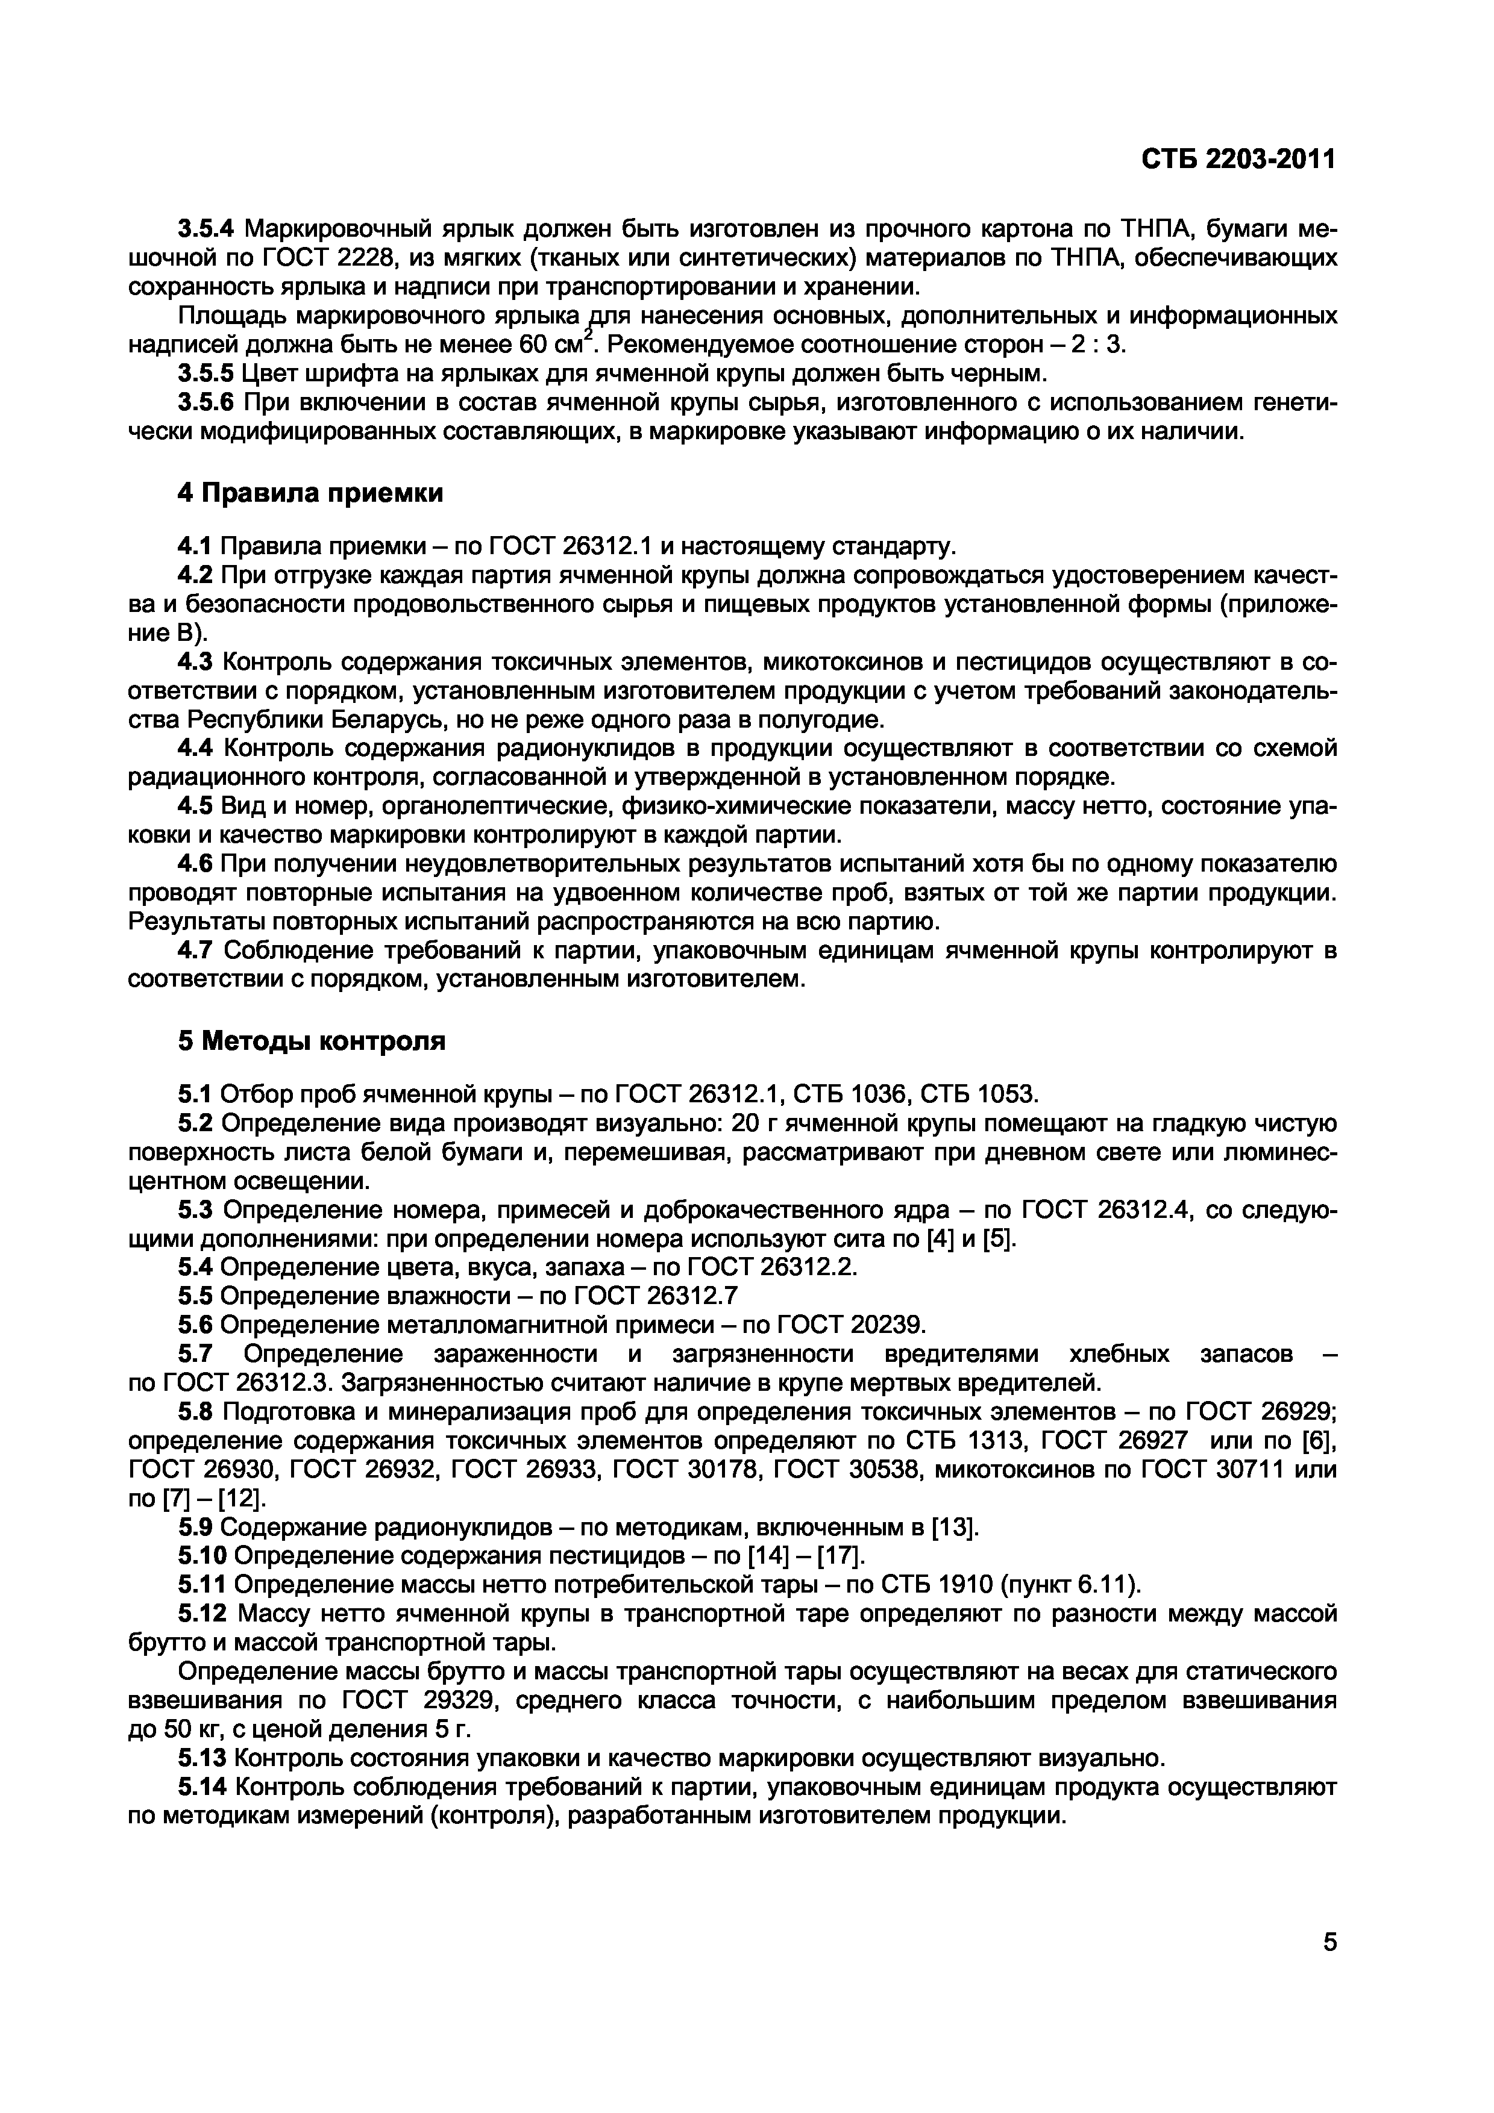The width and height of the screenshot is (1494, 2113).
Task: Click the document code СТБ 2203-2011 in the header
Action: (x=1238, y=160)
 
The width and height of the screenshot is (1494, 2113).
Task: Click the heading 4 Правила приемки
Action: (x=310, y=493)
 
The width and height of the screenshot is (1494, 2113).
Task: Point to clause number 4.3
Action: (x=194, y=662)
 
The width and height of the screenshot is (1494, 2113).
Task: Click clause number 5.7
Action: (x=194, y=1354)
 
